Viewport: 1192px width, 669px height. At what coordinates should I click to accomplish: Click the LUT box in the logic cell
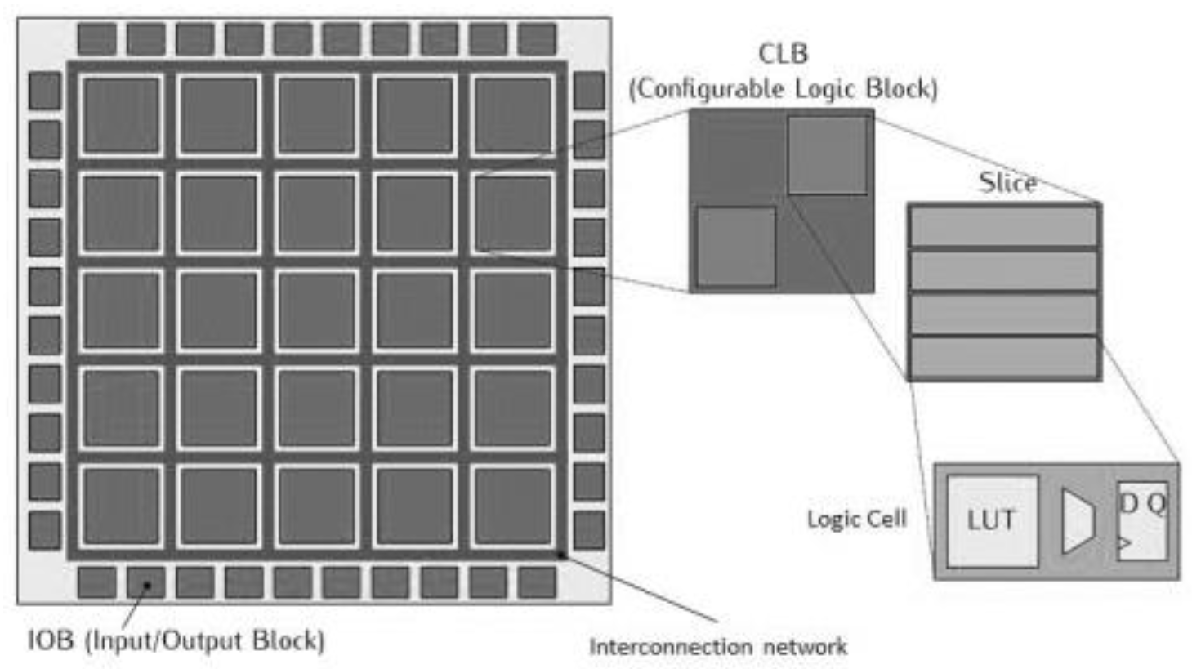(x=992, y=520)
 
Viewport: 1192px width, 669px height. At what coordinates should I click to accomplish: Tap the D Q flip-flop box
(x=1141, y=520)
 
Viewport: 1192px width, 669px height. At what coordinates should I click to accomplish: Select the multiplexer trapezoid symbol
(x=1078, y=520)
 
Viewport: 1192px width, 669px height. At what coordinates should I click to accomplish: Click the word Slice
(x=1007, y=182)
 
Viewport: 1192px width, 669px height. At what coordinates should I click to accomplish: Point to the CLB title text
(x=783, y=54)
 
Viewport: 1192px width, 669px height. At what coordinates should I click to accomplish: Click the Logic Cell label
(x=856, y=520)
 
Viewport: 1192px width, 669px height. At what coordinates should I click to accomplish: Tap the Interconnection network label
(x=717, y=647)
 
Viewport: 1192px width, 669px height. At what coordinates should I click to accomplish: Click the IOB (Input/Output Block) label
(x=176, y=640)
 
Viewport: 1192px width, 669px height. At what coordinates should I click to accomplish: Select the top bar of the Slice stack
(x=1003, y=225)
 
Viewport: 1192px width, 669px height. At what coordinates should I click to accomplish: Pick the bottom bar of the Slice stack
(x=1003, y=359)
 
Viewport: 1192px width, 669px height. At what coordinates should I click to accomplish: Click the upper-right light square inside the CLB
(x=827, y=155)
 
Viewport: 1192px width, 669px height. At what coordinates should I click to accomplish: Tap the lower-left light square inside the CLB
(x=736, y=246)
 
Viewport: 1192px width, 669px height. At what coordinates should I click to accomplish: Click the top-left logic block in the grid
(x=121, y=115)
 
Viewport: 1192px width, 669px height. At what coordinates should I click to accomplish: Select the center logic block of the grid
(x=317, y=311)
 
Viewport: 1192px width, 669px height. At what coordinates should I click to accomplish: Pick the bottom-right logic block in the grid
(x=513, y=507)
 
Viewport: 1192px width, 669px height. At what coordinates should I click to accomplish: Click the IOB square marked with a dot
(x=145, y=582)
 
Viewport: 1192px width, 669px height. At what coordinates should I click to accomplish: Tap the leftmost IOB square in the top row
(x=96, y=39)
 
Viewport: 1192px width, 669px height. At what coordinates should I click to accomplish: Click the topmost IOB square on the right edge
(x=589, y=90)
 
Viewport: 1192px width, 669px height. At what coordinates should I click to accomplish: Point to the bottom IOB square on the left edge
(x=45, y=530)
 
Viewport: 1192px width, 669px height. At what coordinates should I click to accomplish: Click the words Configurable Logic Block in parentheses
(x=783, y=88)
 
